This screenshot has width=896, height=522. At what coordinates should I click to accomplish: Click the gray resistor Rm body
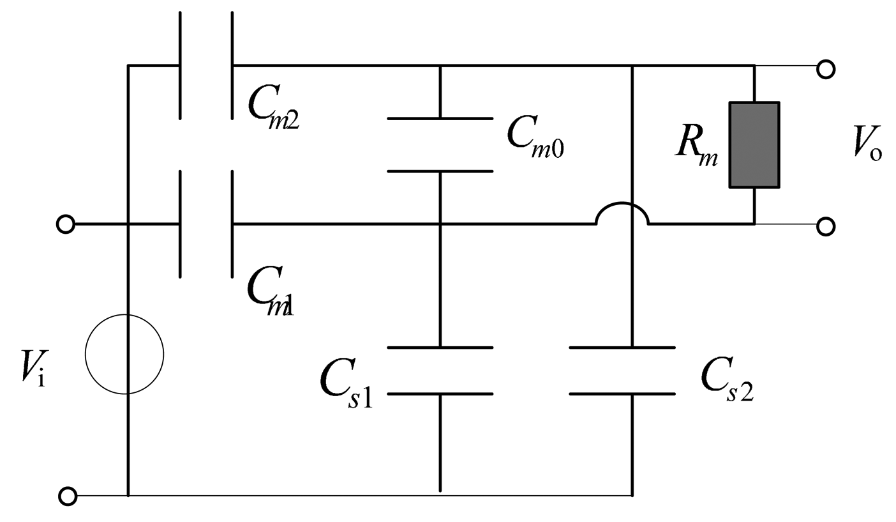754,145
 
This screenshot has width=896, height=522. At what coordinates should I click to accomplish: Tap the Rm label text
696,148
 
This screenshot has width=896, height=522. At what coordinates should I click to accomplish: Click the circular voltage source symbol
125,354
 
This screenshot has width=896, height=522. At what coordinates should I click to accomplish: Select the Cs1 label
346,383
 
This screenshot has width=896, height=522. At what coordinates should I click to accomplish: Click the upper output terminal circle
825,68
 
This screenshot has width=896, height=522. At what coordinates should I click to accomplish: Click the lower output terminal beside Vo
825,226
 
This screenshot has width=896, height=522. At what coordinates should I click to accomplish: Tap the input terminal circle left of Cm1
65,224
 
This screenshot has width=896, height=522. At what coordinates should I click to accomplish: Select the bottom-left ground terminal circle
67,496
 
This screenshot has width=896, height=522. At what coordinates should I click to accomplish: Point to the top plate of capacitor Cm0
440,118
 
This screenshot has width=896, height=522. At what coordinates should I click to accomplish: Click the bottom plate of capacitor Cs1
440,394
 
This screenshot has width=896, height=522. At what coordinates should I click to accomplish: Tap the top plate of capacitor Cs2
622,348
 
